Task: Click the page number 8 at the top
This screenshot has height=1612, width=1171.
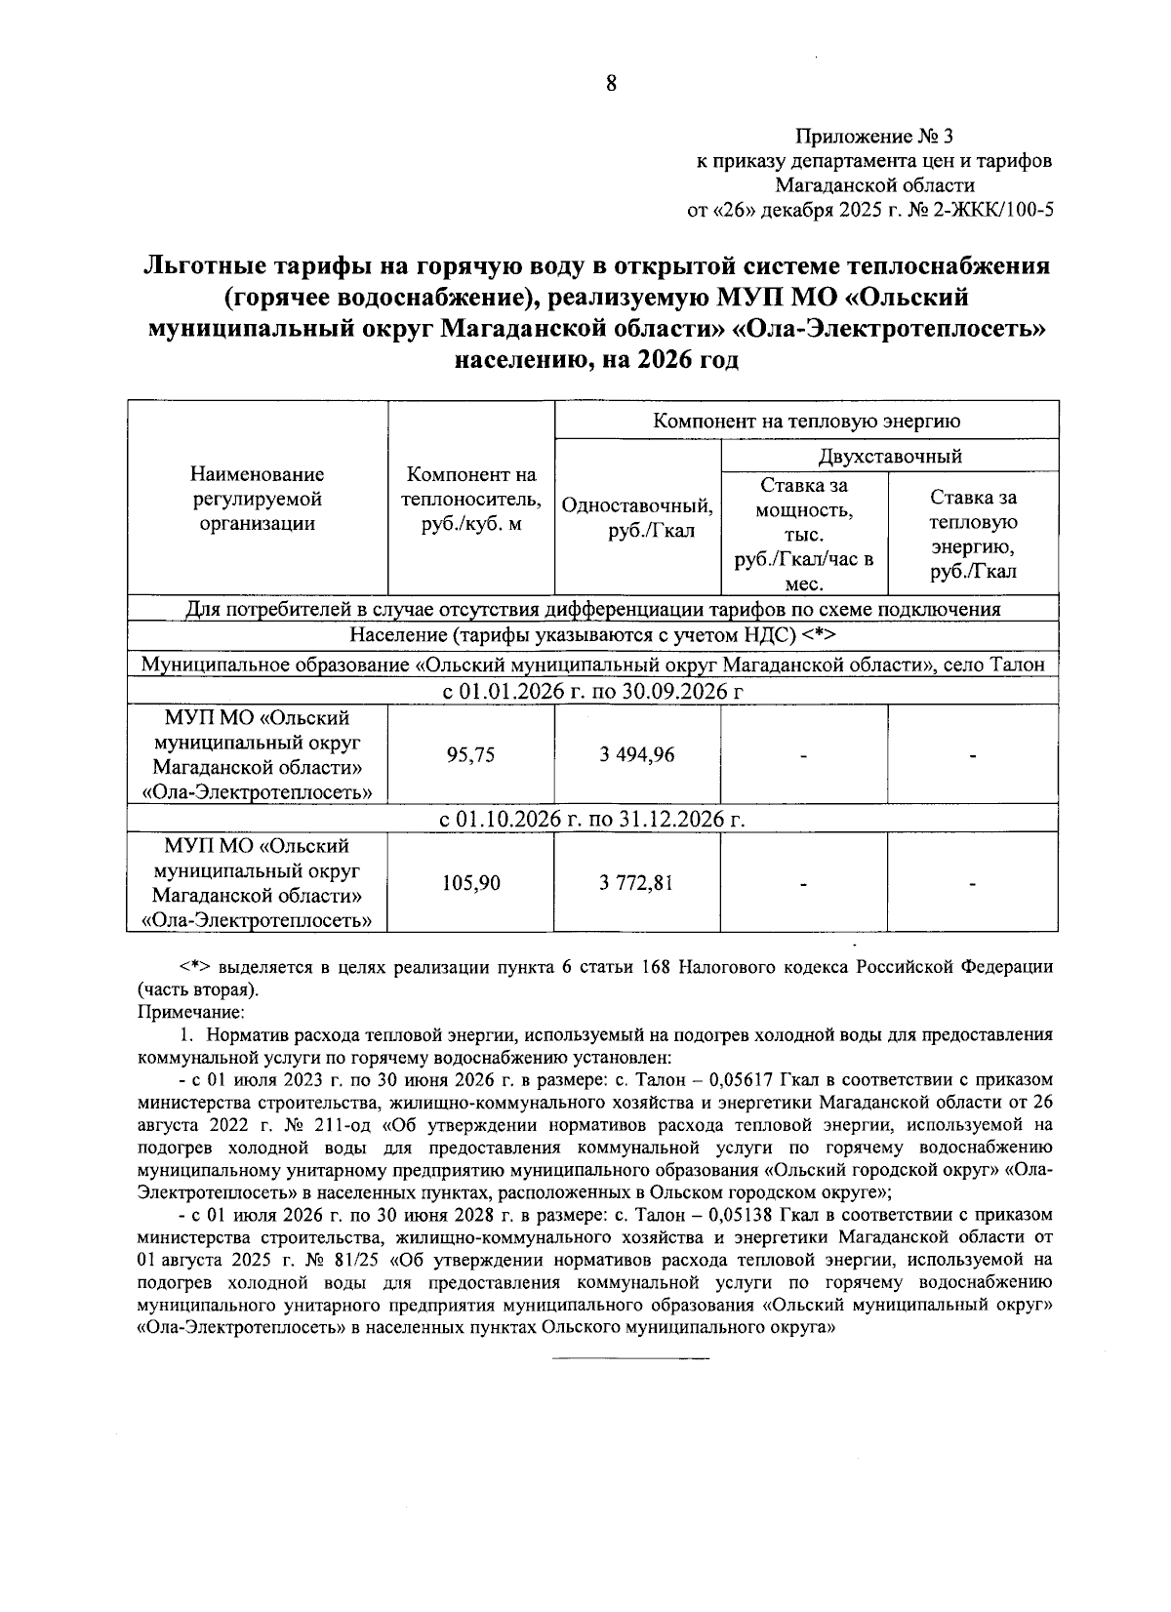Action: pyautogui.click(x=611, y=84)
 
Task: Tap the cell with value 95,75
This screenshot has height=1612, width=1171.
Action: pyautogui.click(x=470, y=754)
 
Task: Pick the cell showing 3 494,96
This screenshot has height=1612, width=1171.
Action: pyautogui.click(x=636, y=754)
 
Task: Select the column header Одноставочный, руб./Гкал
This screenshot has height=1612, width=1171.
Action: pyautogui.click(x=637, y=519)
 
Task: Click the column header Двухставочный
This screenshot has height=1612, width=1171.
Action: pyautogui.click(x=890, y=456)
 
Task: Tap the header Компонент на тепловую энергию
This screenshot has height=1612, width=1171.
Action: pyautogui.click(x=806, y=421)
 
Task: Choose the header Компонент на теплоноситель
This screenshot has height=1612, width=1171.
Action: pyautogui.click(x=471, y=500)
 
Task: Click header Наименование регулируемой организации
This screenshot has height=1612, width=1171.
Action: pyautogui.click(x=258, y=500)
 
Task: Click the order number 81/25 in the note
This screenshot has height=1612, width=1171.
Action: pyautogui.click(x=359, y=1260)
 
